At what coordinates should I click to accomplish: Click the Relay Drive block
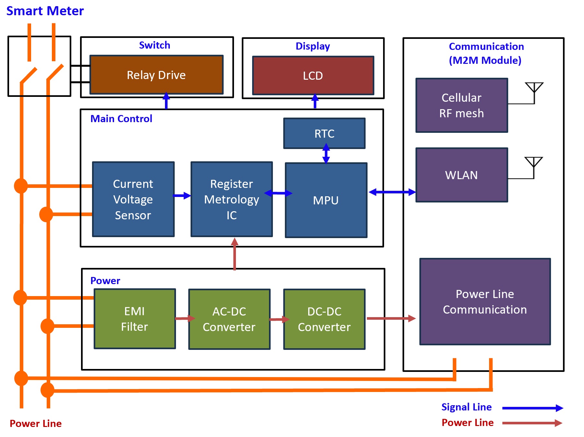156,75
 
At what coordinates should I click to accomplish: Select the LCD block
313,76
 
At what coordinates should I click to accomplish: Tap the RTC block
324,133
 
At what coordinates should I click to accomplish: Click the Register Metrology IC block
231,199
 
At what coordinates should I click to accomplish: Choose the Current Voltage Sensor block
133,199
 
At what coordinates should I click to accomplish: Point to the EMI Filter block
134,319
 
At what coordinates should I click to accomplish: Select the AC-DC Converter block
229,319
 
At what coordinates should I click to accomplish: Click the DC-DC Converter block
324,319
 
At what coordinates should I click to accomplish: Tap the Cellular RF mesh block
461,105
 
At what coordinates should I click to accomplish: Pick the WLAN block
461,175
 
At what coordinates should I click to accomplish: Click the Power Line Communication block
485,302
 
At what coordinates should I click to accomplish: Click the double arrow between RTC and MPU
326,154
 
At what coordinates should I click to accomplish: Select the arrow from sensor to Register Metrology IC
182,196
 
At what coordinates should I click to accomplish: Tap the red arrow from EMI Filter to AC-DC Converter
185,318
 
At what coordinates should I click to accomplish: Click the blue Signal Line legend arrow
532,408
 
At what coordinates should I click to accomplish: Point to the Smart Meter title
45,11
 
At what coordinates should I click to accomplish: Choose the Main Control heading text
121,119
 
